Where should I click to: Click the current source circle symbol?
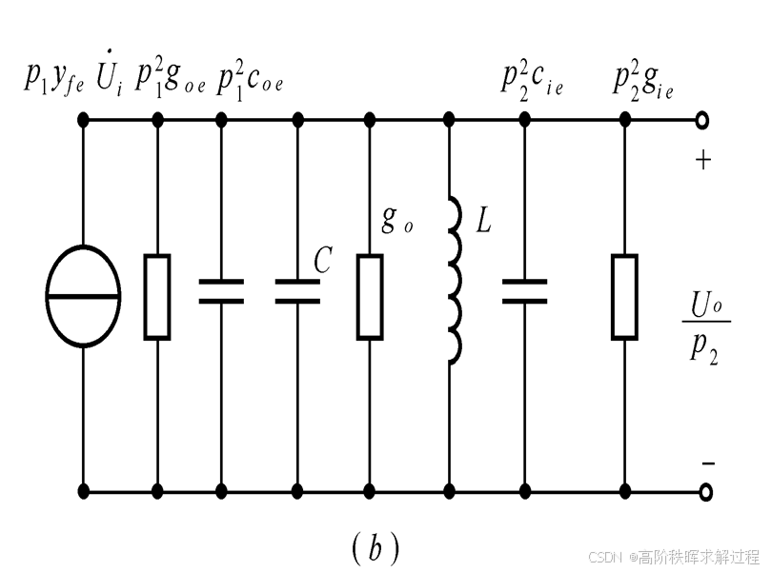(x=84, y=297)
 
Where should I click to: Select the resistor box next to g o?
(x=370, y=297)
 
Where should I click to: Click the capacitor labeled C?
(x=297, y=291)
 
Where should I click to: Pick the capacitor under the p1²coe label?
(x=221, y=291)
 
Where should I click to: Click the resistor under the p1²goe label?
(x=157, y=297)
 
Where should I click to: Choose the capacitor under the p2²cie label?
(x=524, y=291)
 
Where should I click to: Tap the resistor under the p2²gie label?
(x=624, y=297)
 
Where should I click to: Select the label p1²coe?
(x=251, y=79)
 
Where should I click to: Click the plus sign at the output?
(x=703, y=160)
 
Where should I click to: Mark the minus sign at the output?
(x=707, y=464)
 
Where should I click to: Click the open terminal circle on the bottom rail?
(x=704, y=493)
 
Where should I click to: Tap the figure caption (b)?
(x=375, y=546)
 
